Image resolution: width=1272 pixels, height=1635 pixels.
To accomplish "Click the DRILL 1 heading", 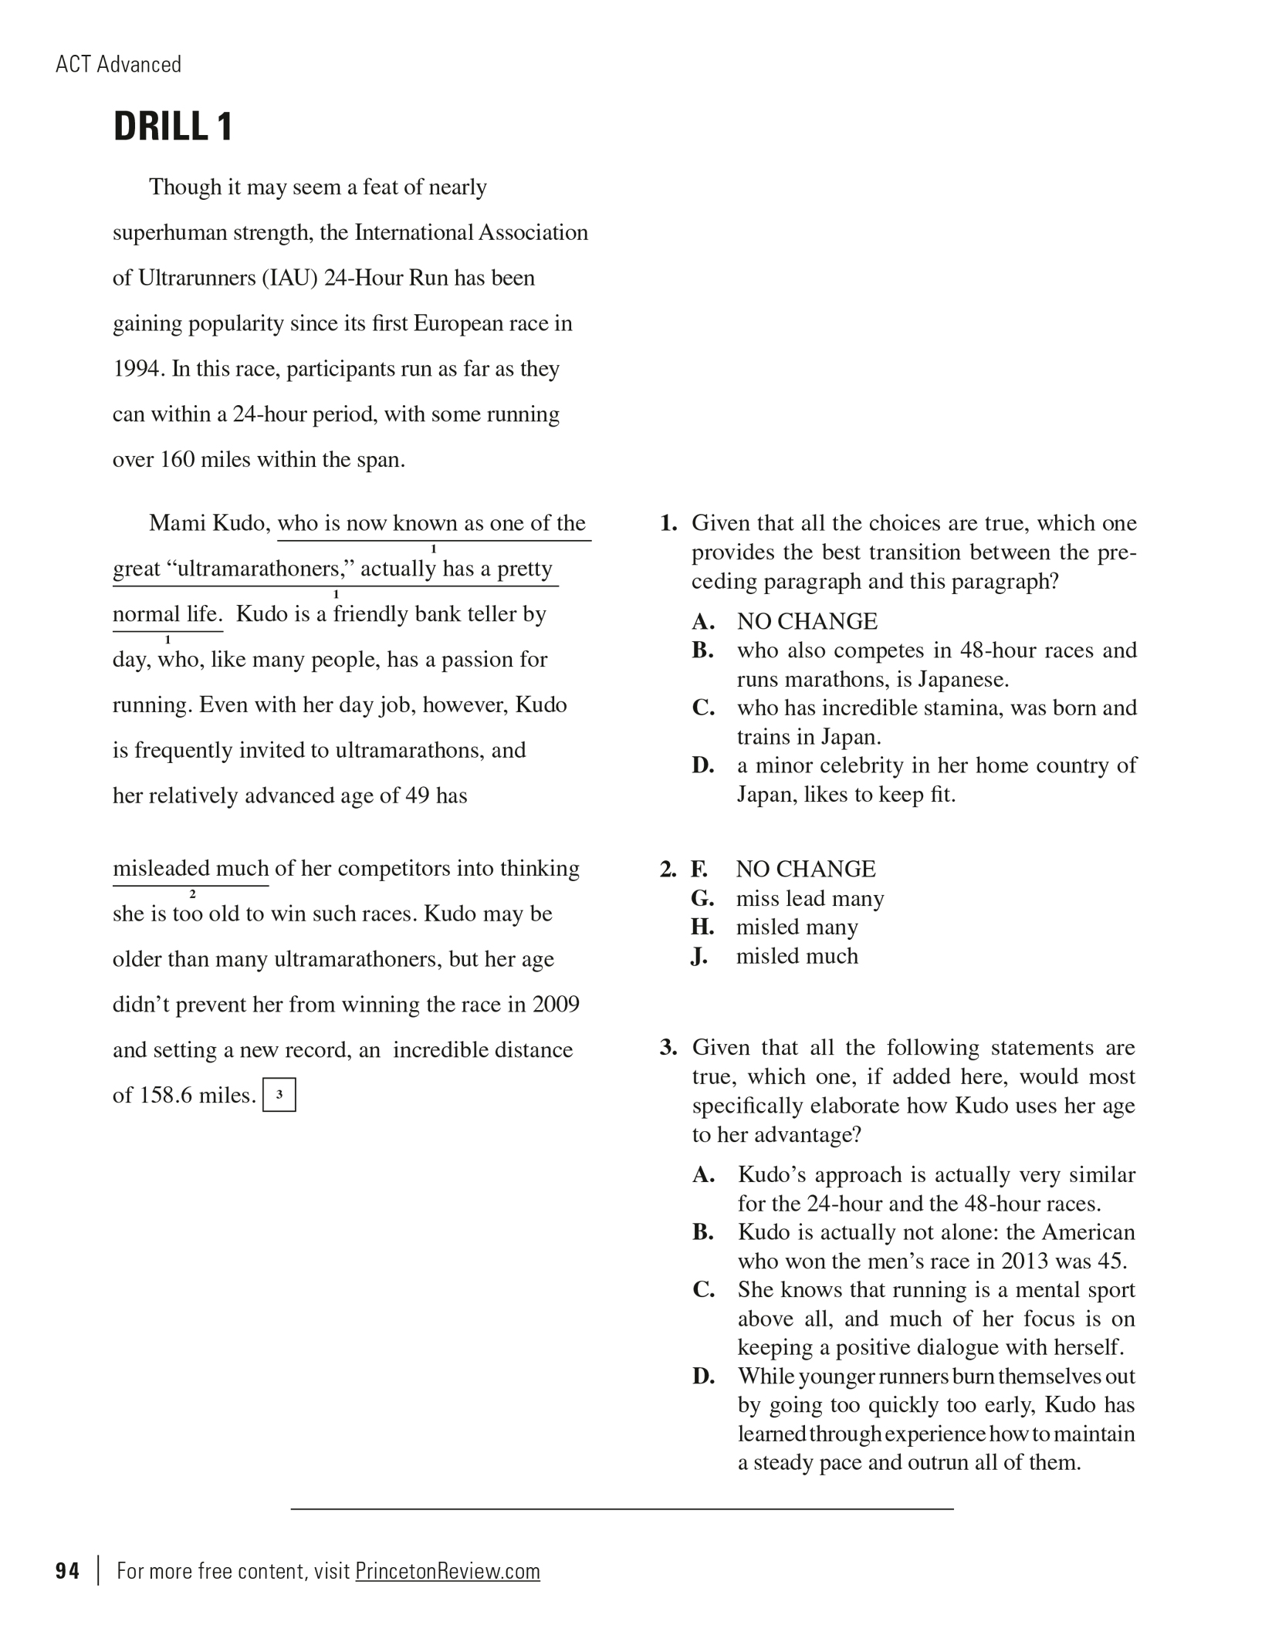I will click(x=172, y=127).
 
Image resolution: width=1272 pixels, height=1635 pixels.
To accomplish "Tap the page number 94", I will click(x=67, y=1571).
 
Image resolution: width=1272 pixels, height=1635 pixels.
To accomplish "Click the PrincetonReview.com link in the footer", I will click(x=447, y=1571).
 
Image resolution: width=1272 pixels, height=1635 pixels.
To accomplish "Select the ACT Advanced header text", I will click(x=118, y=64).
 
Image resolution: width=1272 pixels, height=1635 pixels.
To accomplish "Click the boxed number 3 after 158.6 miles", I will click(x=279, y=1094).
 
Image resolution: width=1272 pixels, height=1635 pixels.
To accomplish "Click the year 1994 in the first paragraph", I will click(x=136, y=369).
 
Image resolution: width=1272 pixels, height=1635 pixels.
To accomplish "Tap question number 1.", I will click(x=668, y=523).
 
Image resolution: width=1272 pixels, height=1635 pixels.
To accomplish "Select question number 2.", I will click(x=668, y=870).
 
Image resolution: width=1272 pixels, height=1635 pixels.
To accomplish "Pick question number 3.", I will click(x=668, y=1048).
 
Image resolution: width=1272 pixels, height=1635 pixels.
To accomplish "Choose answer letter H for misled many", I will click(x=702, y=927).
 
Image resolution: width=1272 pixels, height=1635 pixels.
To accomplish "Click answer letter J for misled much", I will click(x=699, y=956).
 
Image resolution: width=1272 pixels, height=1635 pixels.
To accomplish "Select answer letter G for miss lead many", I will click(x=702, y=898).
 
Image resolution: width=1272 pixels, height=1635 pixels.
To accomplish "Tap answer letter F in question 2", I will click(x=699, y=870).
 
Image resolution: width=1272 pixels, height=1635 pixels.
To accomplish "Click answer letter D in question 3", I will click(x=702, y=1376).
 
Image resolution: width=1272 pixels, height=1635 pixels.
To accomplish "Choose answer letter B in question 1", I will click(x=702, y=650).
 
